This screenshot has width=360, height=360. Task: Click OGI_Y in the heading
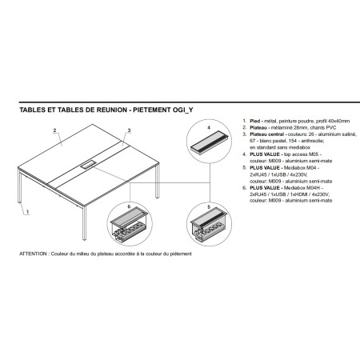183,113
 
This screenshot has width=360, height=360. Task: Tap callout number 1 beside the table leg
28,213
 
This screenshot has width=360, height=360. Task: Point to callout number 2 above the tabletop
54,129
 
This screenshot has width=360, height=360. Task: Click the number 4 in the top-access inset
210,128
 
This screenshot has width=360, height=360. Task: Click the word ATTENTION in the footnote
34,254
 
